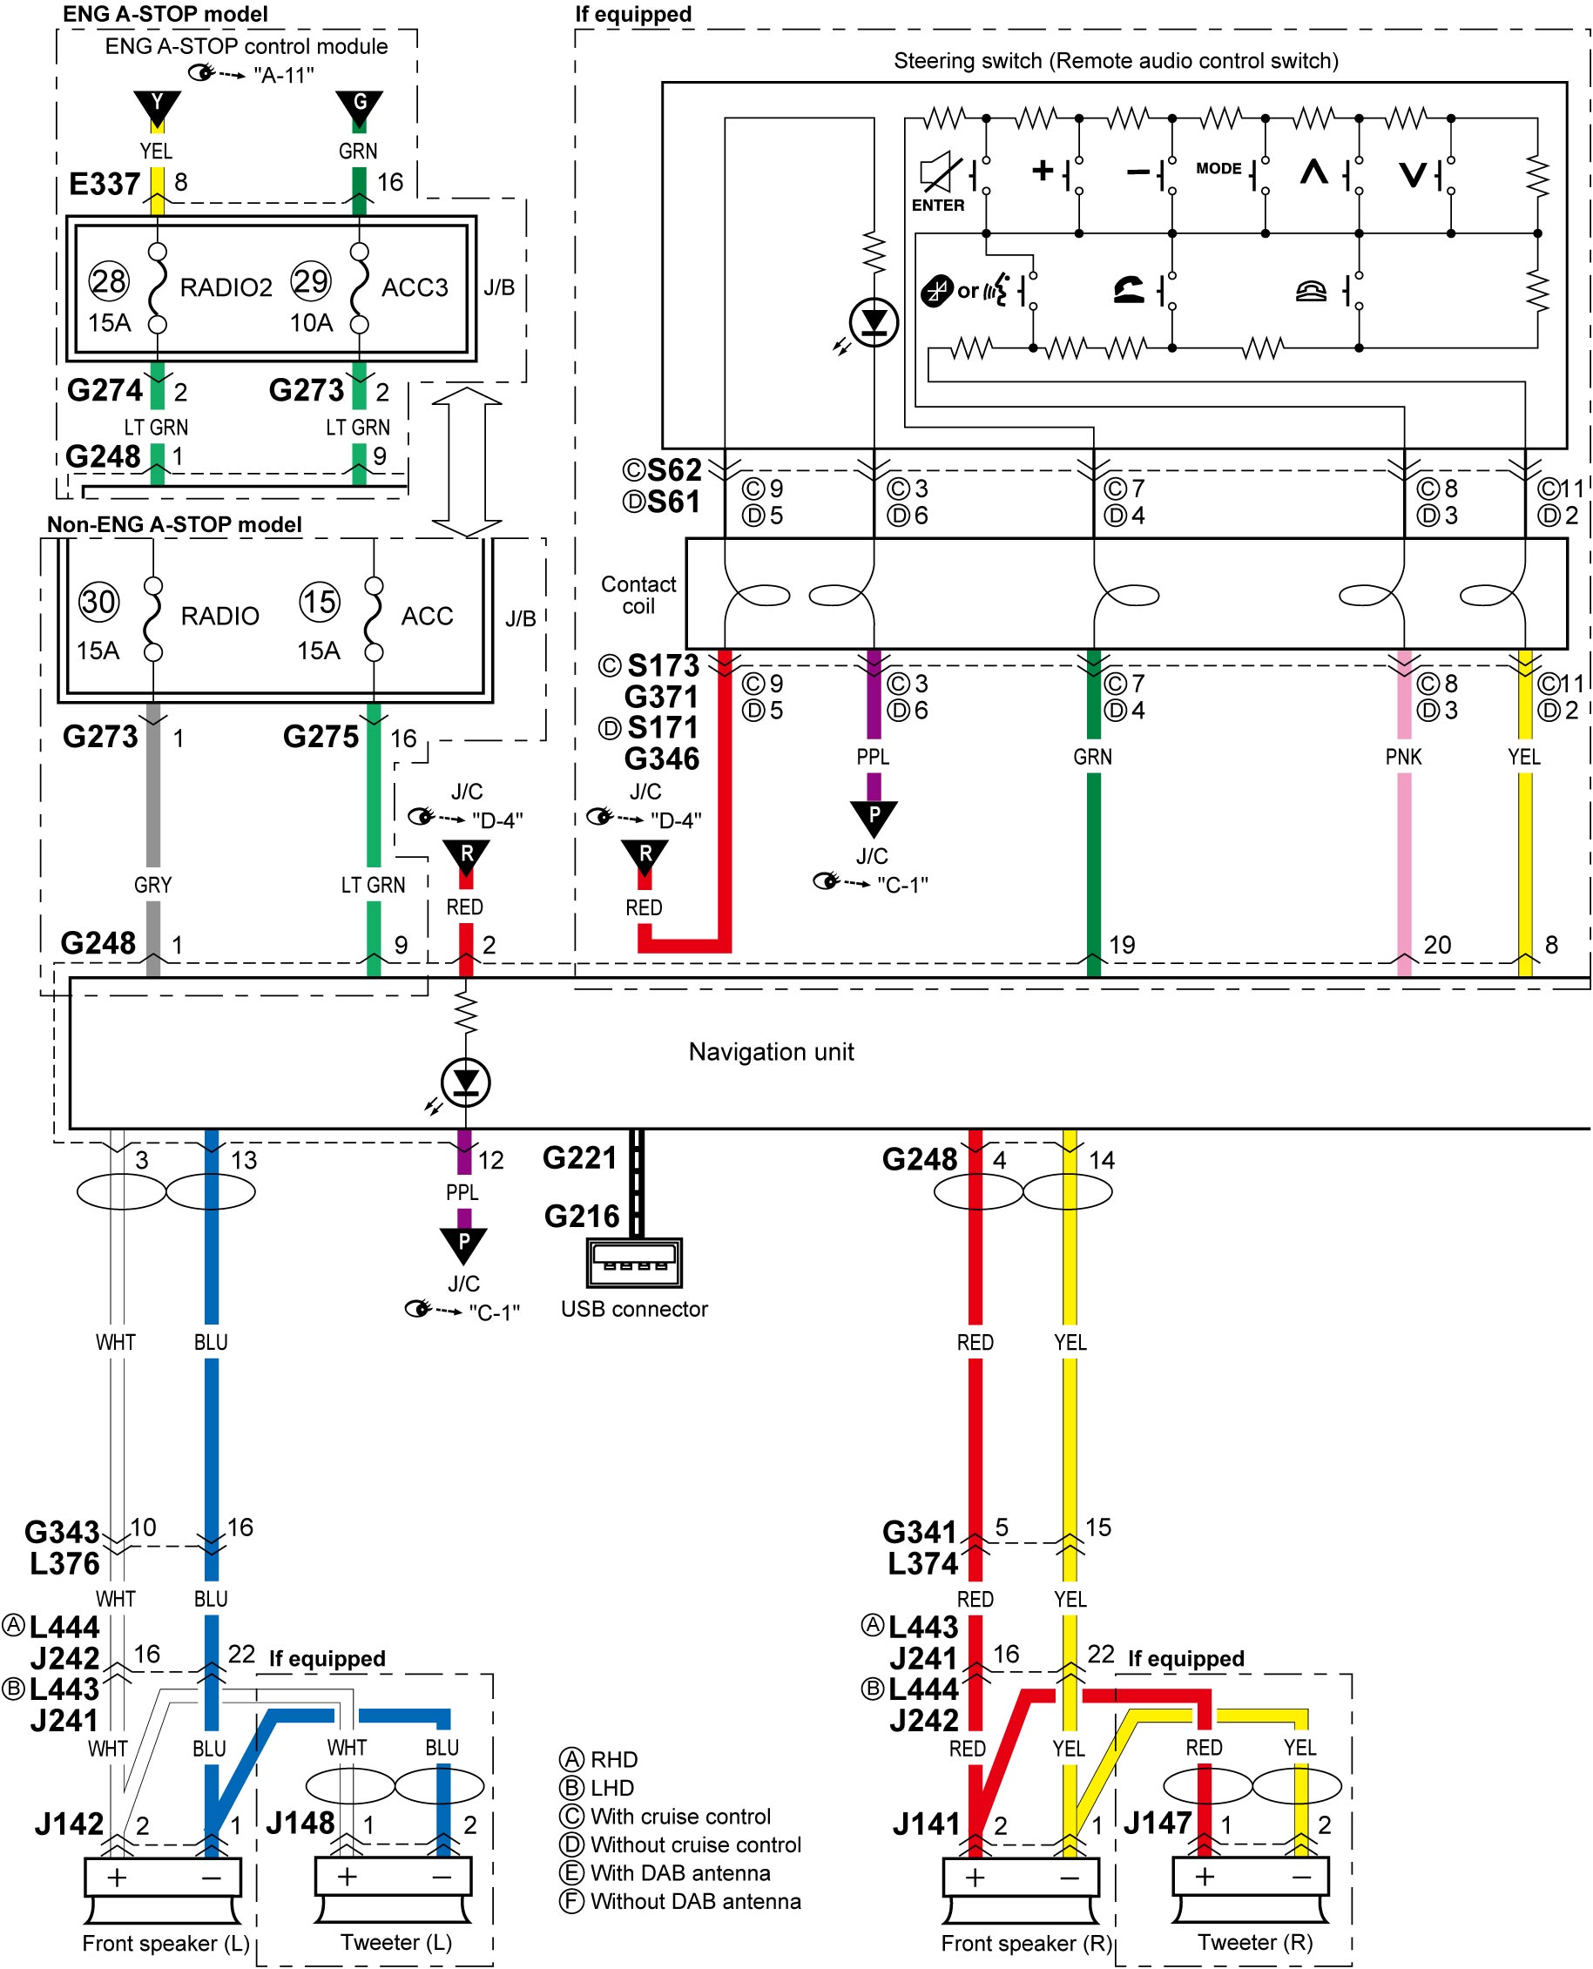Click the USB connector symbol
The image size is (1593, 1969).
click(634, 1263)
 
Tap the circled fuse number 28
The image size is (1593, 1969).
click(109, 280)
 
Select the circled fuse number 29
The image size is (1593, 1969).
click(310, 280)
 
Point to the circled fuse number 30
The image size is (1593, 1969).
click(98, 602)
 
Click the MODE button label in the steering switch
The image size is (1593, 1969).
click(1218, 168)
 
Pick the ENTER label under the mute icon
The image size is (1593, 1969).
click(938, 206)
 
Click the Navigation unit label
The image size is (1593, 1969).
click(771, 1051)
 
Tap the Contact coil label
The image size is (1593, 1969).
click(638, 596)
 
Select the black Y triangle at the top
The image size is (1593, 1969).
click(157, 107)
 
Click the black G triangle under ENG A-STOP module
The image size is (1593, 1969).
click(359, 107)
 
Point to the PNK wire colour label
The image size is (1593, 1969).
click(1403, 757)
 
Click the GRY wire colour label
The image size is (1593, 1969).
click(152, 885)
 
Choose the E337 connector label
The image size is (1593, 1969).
click(105, 185)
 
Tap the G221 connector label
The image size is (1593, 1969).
click(579, 1158)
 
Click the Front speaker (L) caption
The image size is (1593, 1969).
click(166, 1942)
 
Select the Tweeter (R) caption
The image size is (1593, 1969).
click(1255, 1941)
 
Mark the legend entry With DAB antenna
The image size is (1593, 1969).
click(680, 1872)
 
